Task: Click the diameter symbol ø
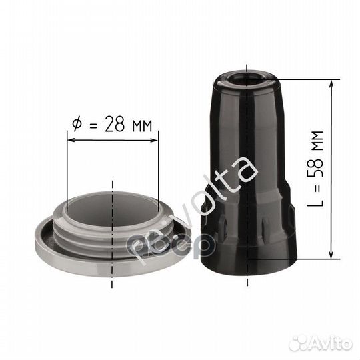(x=76, y=125)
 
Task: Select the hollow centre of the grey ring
(x=112, y=210)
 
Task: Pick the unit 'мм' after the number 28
(x=140, y=125)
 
